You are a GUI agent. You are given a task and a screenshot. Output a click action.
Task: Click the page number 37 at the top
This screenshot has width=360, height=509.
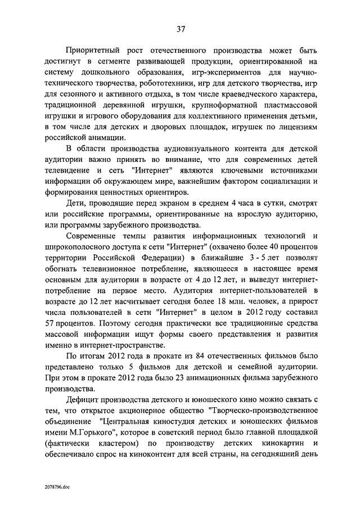[x=180, y=29]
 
